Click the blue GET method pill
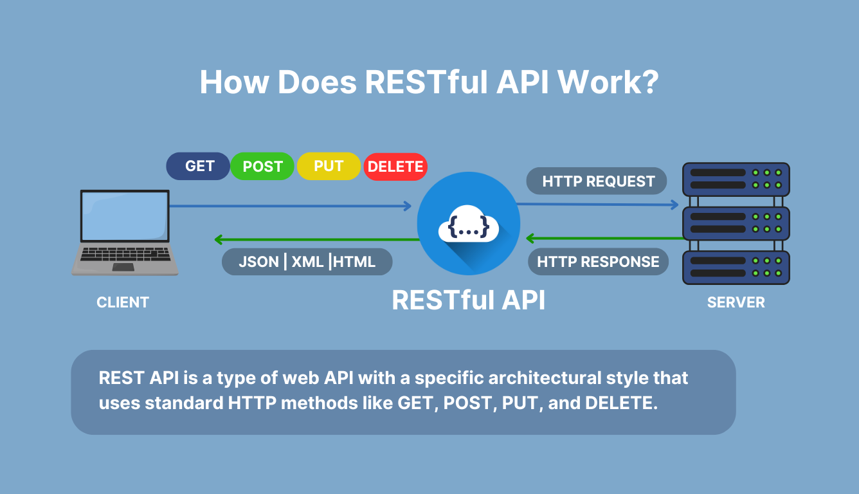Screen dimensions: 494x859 (x=198, y=166)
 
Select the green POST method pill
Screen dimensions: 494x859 (x=262, y=167)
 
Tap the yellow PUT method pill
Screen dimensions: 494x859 (x=329, y=166)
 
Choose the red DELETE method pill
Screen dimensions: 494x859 (x=395, y=167)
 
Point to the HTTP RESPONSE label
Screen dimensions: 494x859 (x=598, y=262)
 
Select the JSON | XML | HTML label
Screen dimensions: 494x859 (x=307, y=262)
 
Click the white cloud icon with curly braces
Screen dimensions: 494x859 (x=468, y=224)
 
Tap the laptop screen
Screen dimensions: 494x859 (x=125, y=215)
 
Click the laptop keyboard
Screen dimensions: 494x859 (x=125, y=253)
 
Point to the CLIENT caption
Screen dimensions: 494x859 (x=123, y=302)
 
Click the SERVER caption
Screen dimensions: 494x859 (x=736, y=302)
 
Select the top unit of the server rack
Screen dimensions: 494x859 (x=736, y=179)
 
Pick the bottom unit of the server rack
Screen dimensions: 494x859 (x=736, y=267)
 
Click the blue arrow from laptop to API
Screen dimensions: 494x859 (x=289, y=206)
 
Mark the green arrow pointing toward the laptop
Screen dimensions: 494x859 (x=315, y=240)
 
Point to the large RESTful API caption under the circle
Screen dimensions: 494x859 (x=468, y=300)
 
